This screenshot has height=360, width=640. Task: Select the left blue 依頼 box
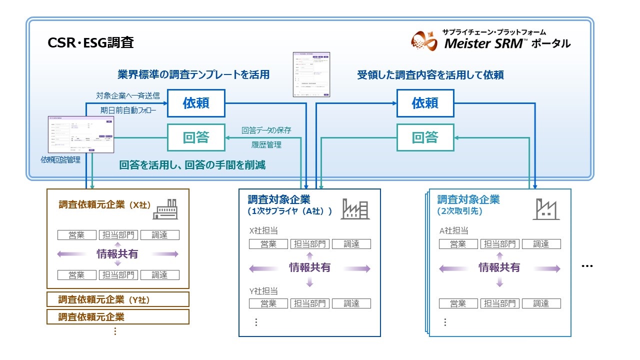(196, 103)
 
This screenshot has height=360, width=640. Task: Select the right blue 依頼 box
(425, 103)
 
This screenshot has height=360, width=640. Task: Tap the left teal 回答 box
(196, 137)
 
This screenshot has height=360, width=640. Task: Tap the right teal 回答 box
(425, 137)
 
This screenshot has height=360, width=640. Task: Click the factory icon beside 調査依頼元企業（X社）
(165, 208)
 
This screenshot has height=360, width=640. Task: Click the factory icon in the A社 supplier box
(355, 208)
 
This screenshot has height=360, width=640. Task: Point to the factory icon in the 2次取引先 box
(545, 208)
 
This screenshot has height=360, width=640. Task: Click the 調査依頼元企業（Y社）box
(117, 299)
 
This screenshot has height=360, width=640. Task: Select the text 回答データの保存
(266, 130)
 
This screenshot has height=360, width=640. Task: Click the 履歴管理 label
(266, 145)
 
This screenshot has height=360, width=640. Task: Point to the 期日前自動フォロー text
(128, 109)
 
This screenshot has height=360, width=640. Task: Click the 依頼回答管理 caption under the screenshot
(61, 160)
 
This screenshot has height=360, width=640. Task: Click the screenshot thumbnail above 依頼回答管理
(80, 134)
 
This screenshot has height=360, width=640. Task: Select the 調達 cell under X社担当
(351, 244)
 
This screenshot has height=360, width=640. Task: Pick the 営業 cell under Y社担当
(268, 303)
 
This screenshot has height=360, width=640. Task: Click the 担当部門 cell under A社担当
(499, 244)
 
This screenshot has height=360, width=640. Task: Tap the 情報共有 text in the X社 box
(117, 254)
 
